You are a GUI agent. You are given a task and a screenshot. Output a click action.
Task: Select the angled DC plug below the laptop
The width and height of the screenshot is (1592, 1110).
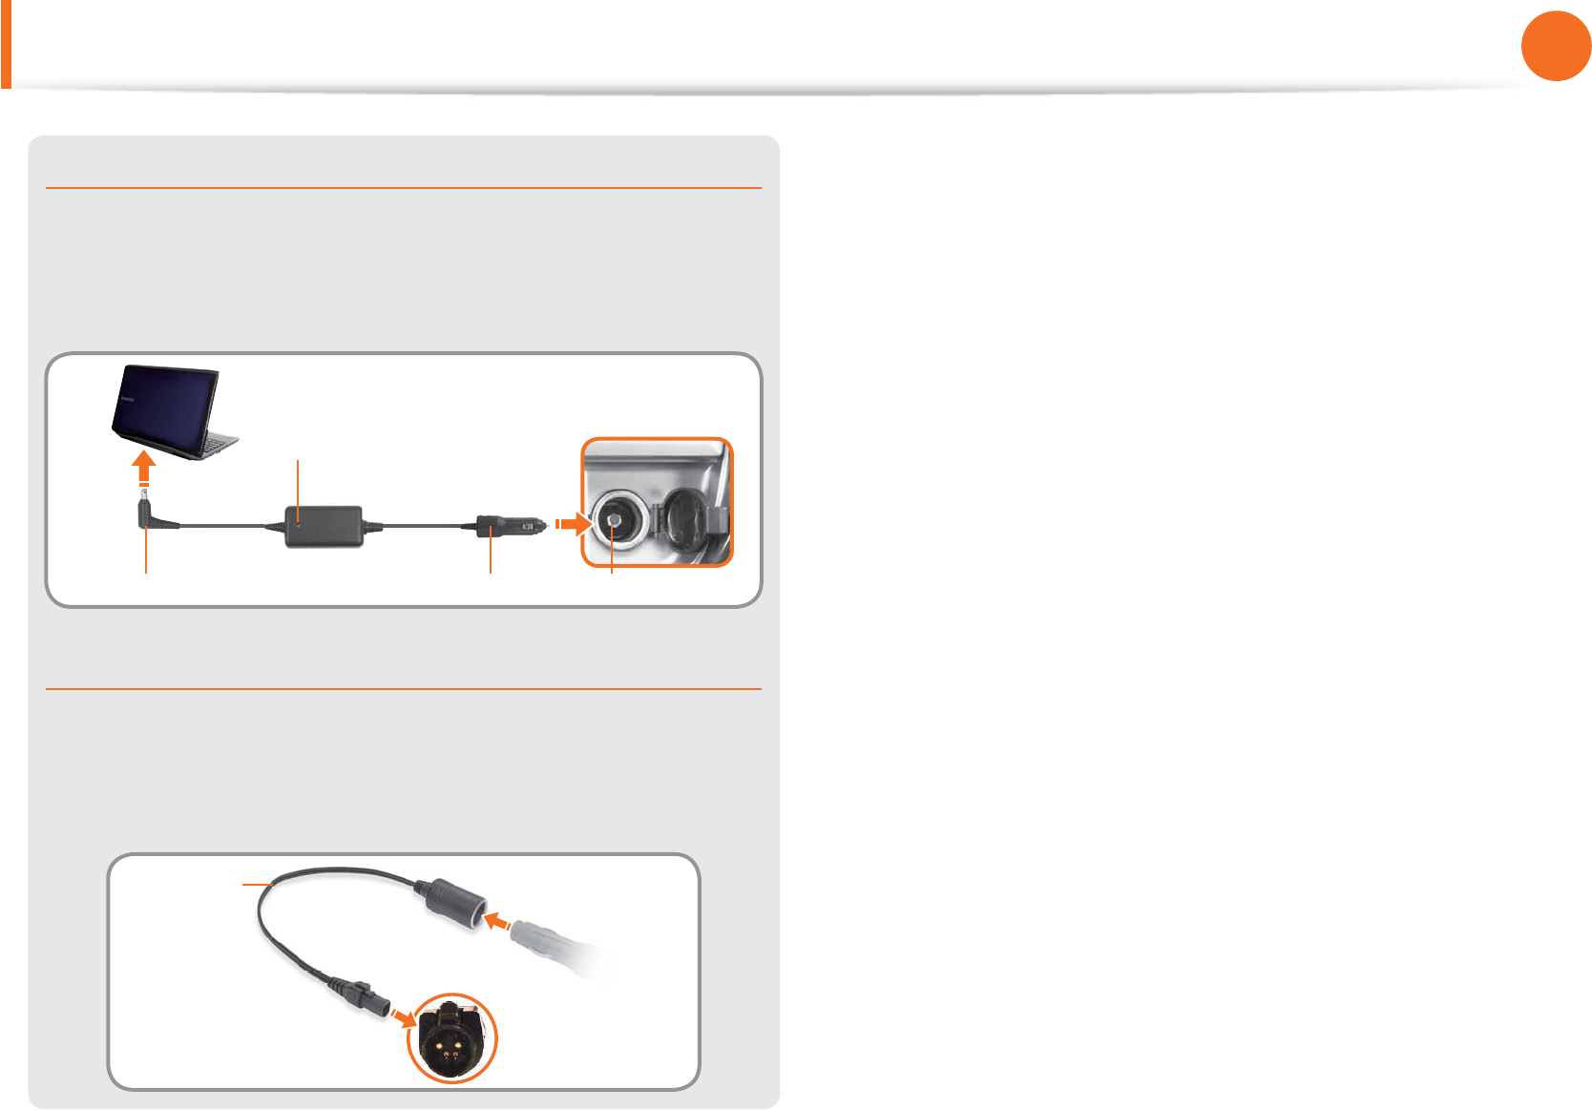coord(152,515)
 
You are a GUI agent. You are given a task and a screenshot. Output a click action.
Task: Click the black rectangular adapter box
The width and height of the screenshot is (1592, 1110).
coord(325,526)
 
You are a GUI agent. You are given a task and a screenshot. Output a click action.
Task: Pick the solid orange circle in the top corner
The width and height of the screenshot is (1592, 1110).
coord(1556,46)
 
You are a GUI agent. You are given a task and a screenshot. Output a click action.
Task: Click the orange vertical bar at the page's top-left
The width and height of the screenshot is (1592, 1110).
coord(6,44)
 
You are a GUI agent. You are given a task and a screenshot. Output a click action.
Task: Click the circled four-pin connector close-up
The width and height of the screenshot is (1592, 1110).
coord(452,1038)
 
